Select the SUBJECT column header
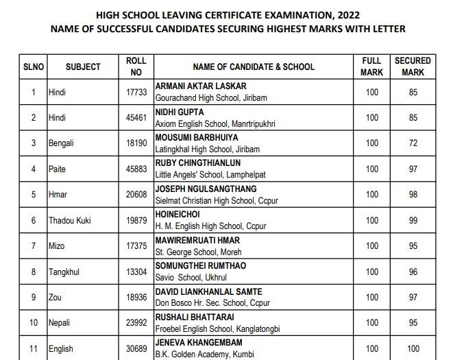(83, 67)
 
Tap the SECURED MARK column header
(413, 67)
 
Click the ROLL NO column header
(136, 67)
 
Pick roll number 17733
(136, 92)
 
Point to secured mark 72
(413, 143)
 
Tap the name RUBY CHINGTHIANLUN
(197, 163)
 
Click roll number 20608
(136, 195)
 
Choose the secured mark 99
(413, 220)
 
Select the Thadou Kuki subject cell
(69, 220)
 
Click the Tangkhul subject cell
(64, 272)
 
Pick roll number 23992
(136, 323)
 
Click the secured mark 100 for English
(413, 348)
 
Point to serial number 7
(33, 246)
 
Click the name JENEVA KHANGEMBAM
(199, 343)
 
